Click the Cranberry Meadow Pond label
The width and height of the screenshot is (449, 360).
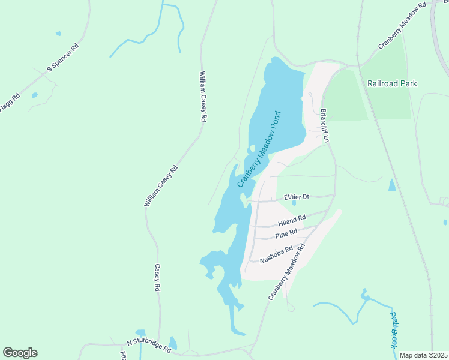(x=259, y=149)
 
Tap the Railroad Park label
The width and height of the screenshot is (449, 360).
(x=392, y=84)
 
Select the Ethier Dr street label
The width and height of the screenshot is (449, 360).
(x=297, y=196)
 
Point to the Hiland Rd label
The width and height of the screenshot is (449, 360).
(x=292, y=220)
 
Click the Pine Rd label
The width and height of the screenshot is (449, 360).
(x=286, y=233)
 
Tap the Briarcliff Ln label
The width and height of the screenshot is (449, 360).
(x=325, y=125)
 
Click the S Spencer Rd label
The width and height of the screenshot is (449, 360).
(x=63, y=58)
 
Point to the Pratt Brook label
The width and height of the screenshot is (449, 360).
(x=394, y=329)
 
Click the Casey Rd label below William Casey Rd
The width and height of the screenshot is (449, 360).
(x=157, y=278)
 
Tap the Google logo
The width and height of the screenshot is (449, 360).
(x=20, y=353)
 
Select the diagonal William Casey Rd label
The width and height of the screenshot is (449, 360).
(x=161, y=187)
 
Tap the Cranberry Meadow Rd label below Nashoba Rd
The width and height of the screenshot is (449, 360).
(x=287, y=272)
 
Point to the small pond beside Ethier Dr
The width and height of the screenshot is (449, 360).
(x=294, y=203)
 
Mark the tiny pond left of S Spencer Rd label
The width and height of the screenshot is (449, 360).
(x=35, y=95)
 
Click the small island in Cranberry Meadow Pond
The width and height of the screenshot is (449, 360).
(x=252, y=148)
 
